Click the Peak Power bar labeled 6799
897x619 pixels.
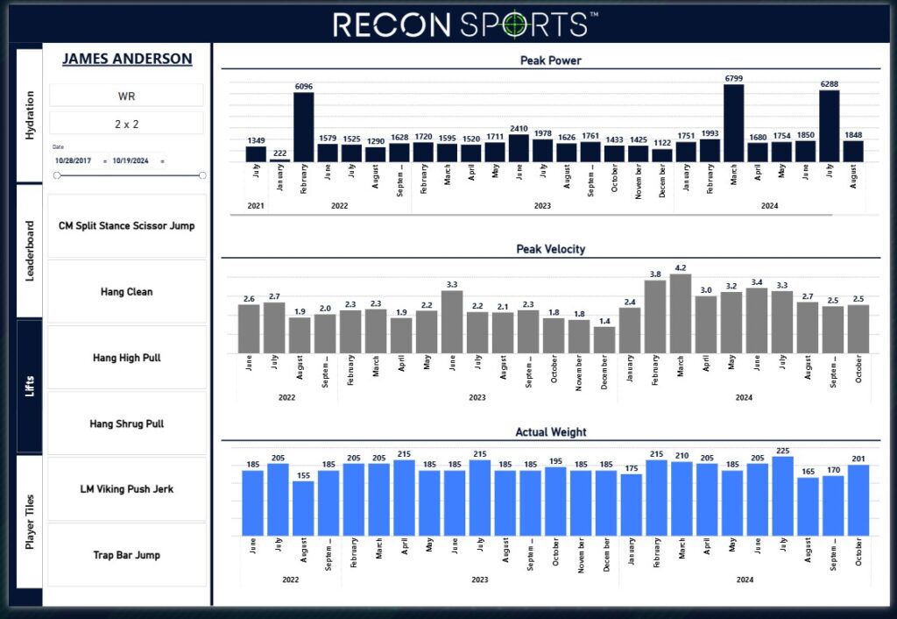click(x=733, y=123)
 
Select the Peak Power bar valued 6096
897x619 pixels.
click(x=304, y=127)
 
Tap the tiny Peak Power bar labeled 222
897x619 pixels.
click(x=279, y=160)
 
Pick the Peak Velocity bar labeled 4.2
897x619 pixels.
click(x=680, y=314)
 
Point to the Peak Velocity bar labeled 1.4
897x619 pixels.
click(x=604, y=340)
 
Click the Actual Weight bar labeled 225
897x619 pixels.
click(x=782, y=496)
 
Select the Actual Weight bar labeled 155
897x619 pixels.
click(x=303, y=509)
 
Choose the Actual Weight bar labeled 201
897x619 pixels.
click(x=858, y=501)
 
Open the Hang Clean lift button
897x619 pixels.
click(x=126, y=291)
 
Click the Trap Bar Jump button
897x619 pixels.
click(x=126, y=555)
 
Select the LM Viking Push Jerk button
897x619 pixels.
click(x=126, y=489)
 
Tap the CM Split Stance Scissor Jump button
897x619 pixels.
click(x=126, y=225)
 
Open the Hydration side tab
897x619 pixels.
click(x=29, y=115)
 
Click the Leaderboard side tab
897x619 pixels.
click(x=29, y=251)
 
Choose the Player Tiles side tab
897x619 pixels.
click(x=29, y=522)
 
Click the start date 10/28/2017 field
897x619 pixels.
click(x=74, y=161)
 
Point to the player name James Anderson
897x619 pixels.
click(x=127, y=59)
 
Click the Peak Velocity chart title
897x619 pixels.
click(x=550, y=249)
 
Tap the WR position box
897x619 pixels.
click(x=126, y=96)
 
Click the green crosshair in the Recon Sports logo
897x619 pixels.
click(x=513, y=24)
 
